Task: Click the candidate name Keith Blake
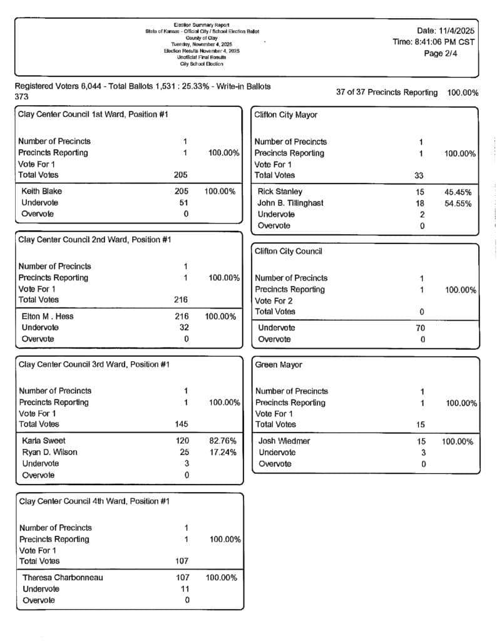point(41,191)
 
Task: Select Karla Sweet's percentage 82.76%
point(222,441)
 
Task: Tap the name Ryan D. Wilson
point(49,452)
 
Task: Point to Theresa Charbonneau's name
point(63,577)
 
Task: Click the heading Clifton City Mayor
point(285,115)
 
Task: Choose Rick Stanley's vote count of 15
point(420,192)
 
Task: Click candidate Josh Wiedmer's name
point(284,441)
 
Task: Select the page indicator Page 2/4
point(442,54)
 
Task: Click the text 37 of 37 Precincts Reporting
point(387,92)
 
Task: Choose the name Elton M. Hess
point(47,316)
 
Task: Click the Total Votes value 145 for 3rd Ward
point(182,424)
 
